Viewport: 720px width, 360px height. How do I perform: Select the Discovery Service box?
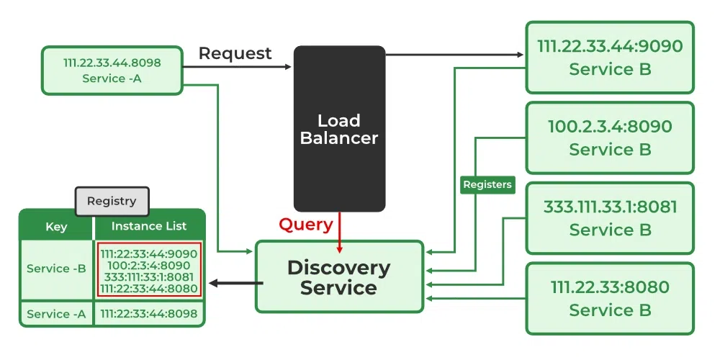339,277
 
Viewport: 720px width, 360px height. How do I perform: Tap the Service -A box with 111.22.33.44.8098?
112,71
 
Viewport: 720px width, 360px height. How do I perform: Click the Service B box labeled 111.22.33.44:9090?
610,58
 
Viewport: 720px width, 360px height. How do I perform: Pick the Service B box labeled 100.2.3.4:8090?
610,138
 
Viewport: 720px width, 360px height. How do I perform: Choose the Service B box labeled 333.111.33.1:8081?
610,218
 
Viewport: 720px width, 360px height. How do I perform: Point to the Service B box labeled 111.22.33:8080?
610,298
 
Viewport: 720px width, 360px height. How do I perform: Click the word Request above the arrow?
235,53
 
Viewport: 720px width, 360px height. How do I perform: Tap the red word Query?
306,225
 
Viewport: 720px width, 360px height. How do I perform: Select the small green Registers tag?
487,185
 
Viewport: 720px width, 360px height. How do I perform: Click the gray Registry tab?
112,201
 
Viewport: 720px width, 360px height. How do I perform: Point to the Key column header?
56,226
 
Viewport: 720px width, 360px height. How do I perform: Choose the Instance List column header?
149,226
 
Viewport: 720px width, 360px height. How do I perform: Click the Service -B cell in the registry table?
56,269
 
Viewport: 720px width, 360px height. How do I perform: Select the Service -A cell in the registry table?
56,314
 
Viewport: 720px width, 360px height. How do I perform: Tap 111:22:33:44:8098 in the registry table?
149,314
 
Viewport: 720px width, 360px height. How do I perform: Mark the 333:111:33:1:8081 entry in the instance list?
149,276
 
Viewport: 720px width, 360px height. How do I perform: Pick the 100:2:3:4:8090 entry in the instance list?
149,265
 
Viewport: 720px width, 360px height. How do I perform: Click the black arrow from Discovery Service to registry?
234,283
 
